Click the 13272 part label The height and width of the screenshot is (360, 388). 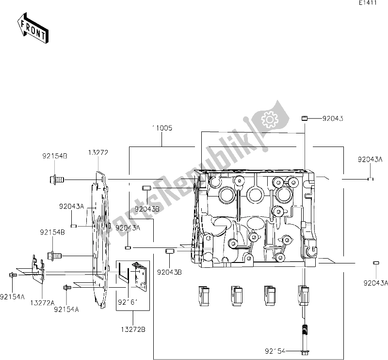click(98, 152)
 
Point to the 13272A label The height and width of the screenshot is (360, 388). click(42, 302)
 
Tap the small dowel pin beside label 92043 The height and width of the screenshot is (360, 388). click(305, 117)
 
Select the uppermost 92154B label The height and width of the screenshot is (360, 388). click(54, 156)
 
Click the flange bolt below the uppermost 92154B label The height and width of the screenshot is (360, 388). click(57, 180)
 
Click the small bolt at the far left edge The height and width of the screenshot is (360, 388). click(12, 275)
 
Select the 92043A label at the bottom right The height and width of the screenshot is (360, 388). click(376, 284)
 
